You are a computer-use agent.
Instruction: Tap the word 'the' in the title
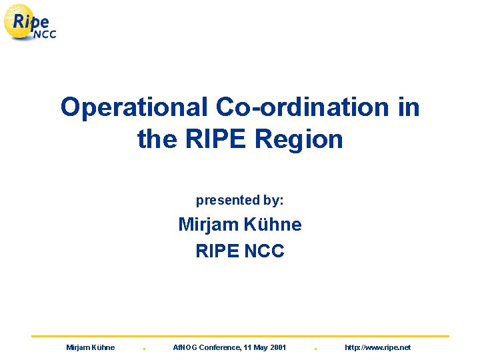click(x=155, y=139)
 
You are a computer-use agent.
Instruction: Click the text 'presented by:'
click(x=239, y=200)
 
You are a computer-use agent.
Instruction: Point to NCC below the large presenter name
click(x=264, y=251)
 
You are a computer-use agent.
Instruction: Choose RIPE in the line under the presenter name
click(x=217, y=251)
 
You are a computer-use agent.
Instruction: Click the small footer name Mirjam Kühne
click(x=91, y=347)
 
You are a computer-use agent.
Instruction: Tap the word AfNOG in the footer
click(x=186, y=347)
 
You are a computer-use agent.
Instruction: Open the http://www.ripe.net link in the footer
click(x=377, y=347)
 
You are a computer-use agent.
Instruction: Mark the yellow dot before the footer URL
click(x=315, y=349)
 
